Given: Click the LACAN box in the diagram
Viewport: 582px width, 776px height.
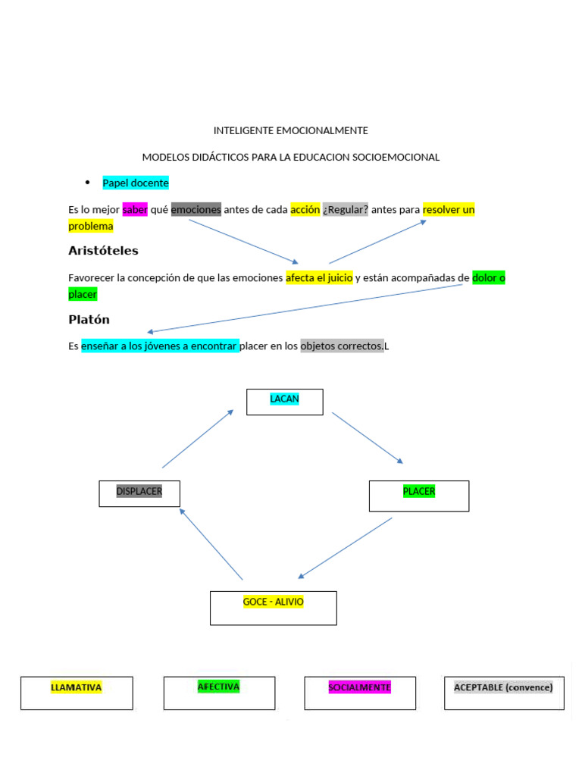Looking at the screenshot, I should [x=285, y=402].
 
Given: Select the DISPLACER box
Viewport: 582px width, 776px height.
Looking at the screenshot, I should [x=139, y=493].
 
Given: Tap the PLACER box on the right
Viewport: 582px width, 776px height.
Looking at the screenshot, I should [x=419, y=496].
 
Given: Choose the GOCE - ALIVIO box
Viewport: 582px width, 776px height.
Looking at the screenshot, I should [x=273, y=608].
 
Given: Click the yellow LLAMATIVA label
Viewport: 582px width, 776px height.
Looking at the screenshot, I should [x=76, y=687].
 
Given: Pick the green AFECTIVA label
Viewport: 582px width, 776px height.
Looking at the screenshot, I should [x=218, y=687].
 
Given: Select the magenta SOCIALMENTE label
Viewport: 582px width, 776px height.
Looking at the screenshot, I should [x=359, y=687].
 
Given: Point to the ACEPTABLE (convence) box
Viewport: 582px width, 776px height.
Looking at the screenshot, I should [x=503, y=687].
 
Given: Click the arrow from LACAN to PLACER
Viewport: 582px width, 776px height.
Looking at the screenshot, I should [x=368, y=438].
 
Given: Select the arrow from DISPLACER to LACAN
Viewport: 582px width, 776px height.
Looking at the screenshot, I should [x=198, y=439].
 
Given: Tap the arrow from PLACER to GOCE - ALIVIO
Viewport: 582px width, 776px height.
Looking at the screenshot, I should [x=346, y=547].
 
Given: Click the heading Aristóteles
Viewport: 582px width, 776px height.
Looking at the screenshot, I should [x=103, y=251].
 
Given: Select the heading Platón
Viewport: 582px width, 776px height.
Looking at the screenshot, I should [x=89, y=320].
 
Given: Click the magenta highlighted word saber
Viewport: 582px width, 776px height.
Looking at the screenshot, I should [x=135, y=210].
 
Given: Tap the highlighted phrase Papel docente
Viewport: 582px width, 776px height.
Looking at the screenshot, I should [x=136, y=183].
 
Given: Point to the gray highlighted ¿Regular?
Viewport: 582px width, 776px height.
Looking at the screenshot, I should [x=346, y=210].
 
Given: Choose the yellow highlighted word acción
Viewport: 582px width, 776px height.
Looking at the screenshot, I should [x=305, y=210].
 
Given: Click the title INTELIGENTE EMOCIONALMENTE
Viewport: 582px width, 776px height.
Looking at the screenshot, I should [x=291, y=130].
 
